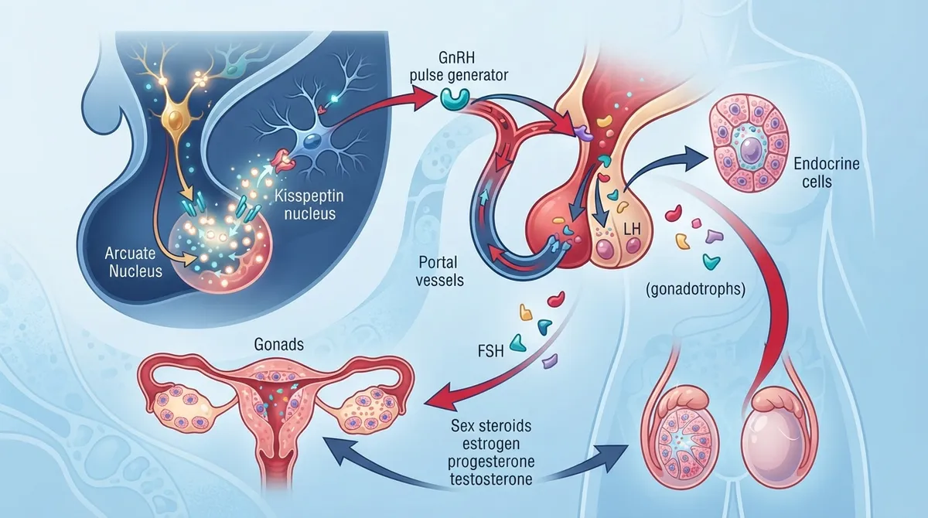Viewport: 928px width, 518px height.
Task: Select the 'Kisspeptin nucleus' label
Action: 309,205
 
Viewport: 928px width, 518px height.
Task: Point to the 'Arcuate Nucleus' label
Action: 133,261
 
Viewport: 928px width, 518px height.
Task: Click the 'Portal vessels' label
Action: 439,271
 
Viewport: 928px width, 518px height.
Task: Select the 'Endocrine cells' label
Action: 826,172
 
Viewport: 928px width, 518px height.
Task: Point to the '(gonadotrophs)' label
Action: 695,289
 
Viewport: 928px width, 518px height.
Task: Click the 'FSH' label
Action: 490,351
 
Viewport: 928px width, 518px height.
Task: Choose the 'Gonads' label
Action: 279,344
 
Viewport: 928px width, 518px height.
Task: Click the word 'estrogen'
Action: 491,444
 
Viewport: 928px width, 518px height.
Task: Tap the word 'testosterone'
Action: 491,479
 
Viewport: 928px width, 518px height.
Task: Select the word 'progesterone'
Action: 491,462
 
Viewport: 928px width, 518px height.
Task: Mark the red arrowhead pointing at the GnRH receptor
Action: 422,101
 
